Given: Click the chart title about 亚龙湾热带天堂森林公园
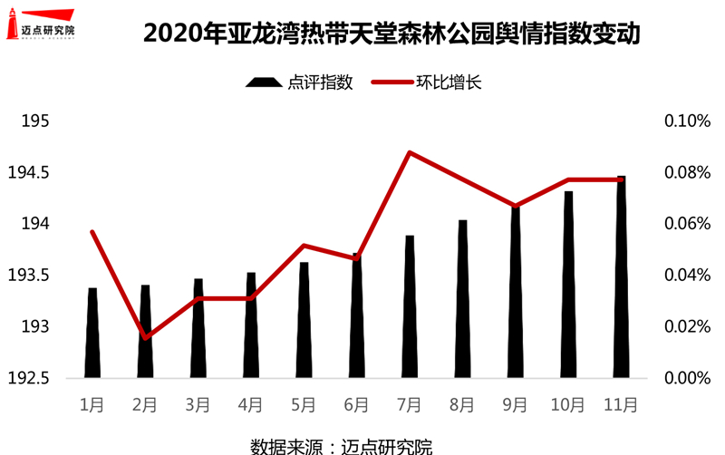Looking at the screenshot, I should click(391, 34).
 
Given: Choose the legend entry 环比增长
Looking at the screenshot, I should click(427, 82).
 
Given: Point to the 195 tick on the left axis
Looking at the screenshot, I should click(34, 121).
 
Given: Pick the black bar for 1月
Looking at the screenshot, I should click(92, 333).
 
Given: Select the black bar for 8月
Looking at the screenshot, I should click(462, 299).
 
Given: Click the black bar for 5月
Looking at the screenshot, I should click(304, 320).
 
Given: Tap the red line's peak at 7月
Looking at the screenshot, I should click(410, 152).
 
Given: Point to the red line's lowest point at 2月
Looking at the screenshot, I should click(145, 338).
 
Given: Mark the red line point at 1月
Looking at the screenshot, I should click(92, 232).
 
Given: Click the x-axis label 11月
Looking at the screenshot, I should click(621, 404).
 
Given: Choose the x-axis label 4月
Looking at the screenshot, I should click(251, 404).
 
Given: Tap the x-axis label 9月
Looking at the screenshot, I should click(515, 404).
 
